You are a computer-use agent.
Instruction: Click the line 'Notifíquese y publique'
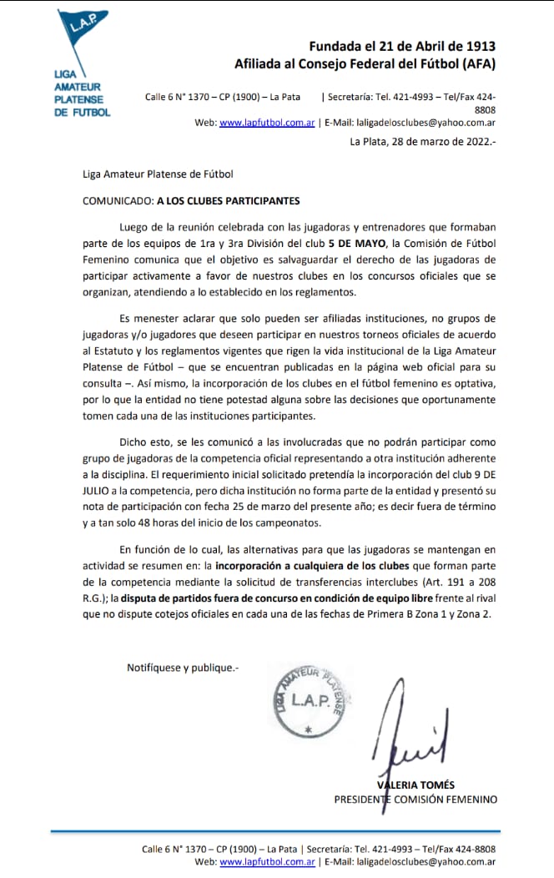point(183,667)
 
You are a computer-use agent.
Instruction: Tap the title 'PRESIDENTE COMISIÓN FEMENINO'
point(415,799)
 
